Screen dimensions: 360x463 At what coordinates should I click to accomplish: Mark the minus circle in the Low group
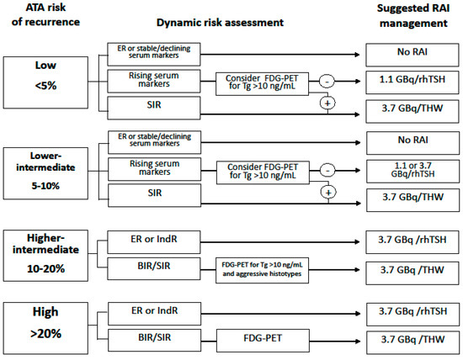pyautogui.click(x=327, y=82)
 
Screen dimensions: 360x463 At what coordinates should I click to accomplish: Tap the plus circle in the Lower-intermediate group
pyautogui.click(x=327, y=191)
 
